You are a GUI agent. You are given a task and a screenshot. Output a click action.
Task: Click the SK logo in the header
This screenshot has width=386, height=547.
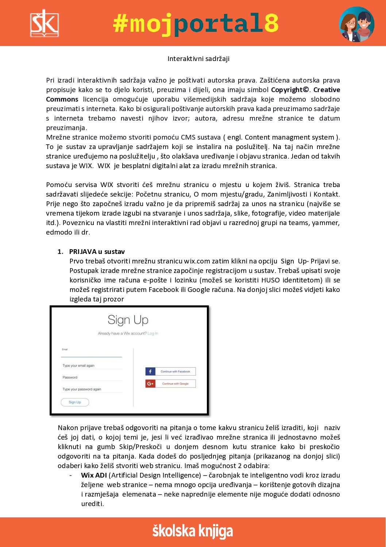click(44, 23)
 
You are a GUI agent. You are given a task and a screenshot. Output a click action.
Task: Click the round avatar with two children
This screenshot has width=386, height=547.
click(356, 24)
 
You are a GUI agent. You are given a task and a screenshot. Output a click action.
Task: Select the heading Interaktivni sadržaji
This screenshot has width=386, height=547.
click(198, 59)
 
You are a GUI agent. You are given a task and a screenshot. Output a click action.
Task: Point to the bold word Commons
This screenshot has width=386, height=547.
click(62, 99)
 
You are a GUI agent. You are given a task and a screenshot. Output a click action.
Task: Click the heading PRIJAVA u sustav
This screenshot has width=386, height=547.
click(97, 252)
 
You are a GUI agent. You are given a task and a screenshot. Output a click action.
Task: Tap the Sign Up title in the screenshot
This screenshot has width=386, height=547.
click(128, 320)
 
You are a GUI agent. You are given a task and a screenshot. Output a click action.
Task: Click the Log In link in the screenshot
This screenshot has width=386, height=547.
click(153, 334)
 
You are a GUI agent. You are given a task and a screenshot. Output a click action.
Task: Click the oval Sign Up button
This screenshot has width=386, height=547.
click(75, 402)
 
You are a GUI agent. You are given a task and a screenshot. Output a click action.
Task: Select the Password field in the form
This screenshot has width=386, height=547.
click(91, 377)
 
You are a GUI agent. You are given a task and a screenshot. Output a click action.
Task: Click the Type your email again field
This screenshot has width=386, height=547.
click(91, 366)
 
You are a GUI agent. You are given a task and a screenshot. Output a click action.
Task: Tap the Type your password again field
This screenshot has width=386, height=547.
click(91, 390)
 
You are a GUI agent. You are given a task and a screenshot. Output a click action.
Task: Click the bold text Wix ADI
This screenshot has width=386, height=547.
click(94, 475)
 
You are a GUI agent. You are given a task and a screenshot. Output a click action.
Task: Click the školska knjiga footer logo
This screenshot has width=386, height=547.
click(193, 532)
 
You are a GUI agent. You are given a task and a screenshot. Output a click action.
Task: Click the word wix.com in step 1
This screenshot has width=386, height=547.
click(197, 261)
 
